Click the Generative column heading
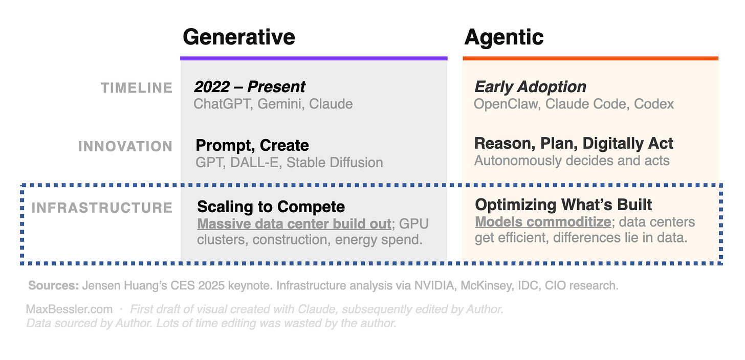click(x=239, y=37)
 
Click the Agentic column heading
click(x=503, y=37)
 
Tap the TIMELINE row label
click(x=137, y=88)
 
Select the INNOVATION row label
click(x=125, y=147)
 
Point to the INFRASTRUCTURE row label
click(x=102, y=208)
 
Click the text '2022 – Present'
click(x=249, y=87)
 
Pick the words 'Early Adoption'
click(x=530, y=87)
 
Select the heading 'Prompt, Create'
click(x=252, y=146)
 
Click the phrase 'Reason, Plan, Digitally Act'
click(x=574, y=144)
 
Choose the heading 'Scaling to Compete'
click(x=271, y=207)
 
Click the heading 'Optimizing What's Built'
click(x=563, y=205)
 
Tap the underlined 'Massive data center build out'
click(x=294, y=224)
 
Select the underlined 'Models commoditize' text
click(x=543, y=222)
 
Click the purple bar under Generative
click(x=314, y=58)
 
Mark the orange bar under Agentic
click(x=590, y=58)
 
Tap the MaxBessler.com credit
click(x=69, y=309)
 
